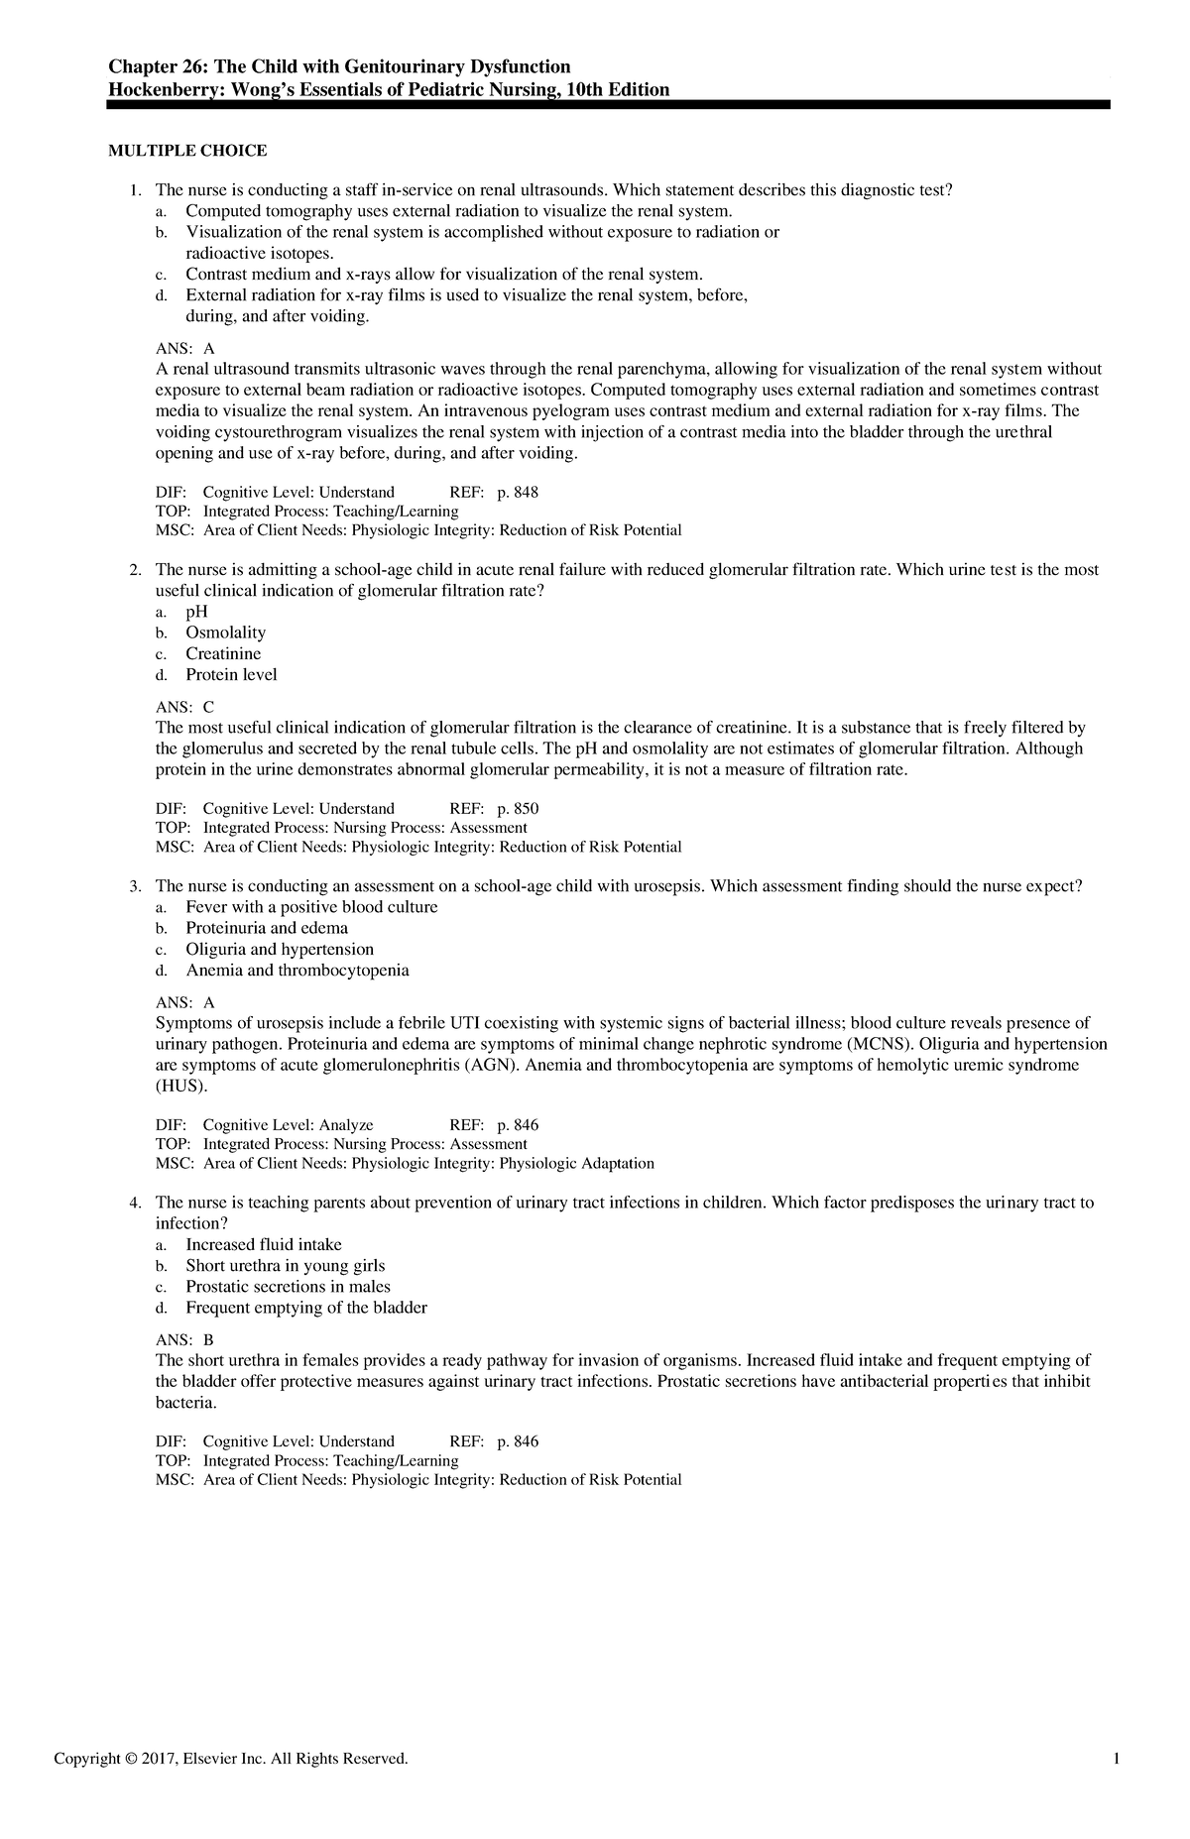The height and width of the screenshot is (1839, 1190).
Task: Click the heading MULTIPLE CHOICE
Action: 187,151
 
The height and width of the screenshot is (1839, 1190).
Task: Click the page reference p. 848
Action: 517,492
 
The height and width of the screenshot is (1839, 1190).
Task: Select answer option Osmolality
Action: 225,632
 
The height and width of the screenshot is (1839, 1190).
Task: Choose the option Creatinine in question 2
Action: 223,653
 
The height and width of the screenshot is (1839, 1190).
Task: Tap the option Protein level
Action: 231,674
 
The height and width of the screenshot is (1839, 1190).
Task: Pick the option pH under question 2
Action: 196,612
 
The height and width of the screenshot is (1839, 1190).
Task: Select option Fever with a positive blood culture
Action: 311,907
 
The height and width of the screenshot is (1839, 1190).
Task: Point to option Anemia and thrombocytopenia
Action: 297,970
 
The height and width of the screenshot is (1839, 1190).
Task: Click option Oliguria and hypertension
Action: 280,949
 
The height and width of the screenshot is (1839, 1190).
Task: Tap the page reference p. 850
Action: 517,808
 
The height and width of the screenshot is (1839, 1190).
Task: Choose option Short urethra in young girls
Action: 285,1265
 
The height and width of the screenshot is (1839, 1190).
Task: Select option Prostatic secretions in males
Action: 288,1286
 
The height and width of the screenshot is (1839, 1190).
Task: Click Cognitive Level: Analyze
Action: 288,1124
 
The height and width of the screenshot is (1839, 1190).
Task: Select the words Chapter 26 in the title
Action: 149,66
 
